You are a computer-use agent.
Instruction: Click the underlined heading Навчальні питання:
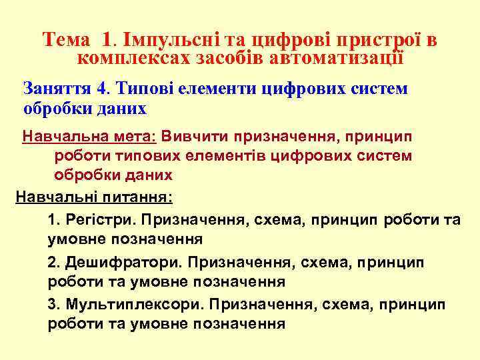pos(93,197)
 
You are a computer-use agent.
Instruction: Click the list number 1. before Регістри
pos(55,219)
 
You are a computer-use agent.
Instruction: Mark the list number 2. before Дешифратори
pos(55,263)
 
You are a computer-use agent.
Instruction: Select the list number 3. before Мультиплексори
pos(55,305)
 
